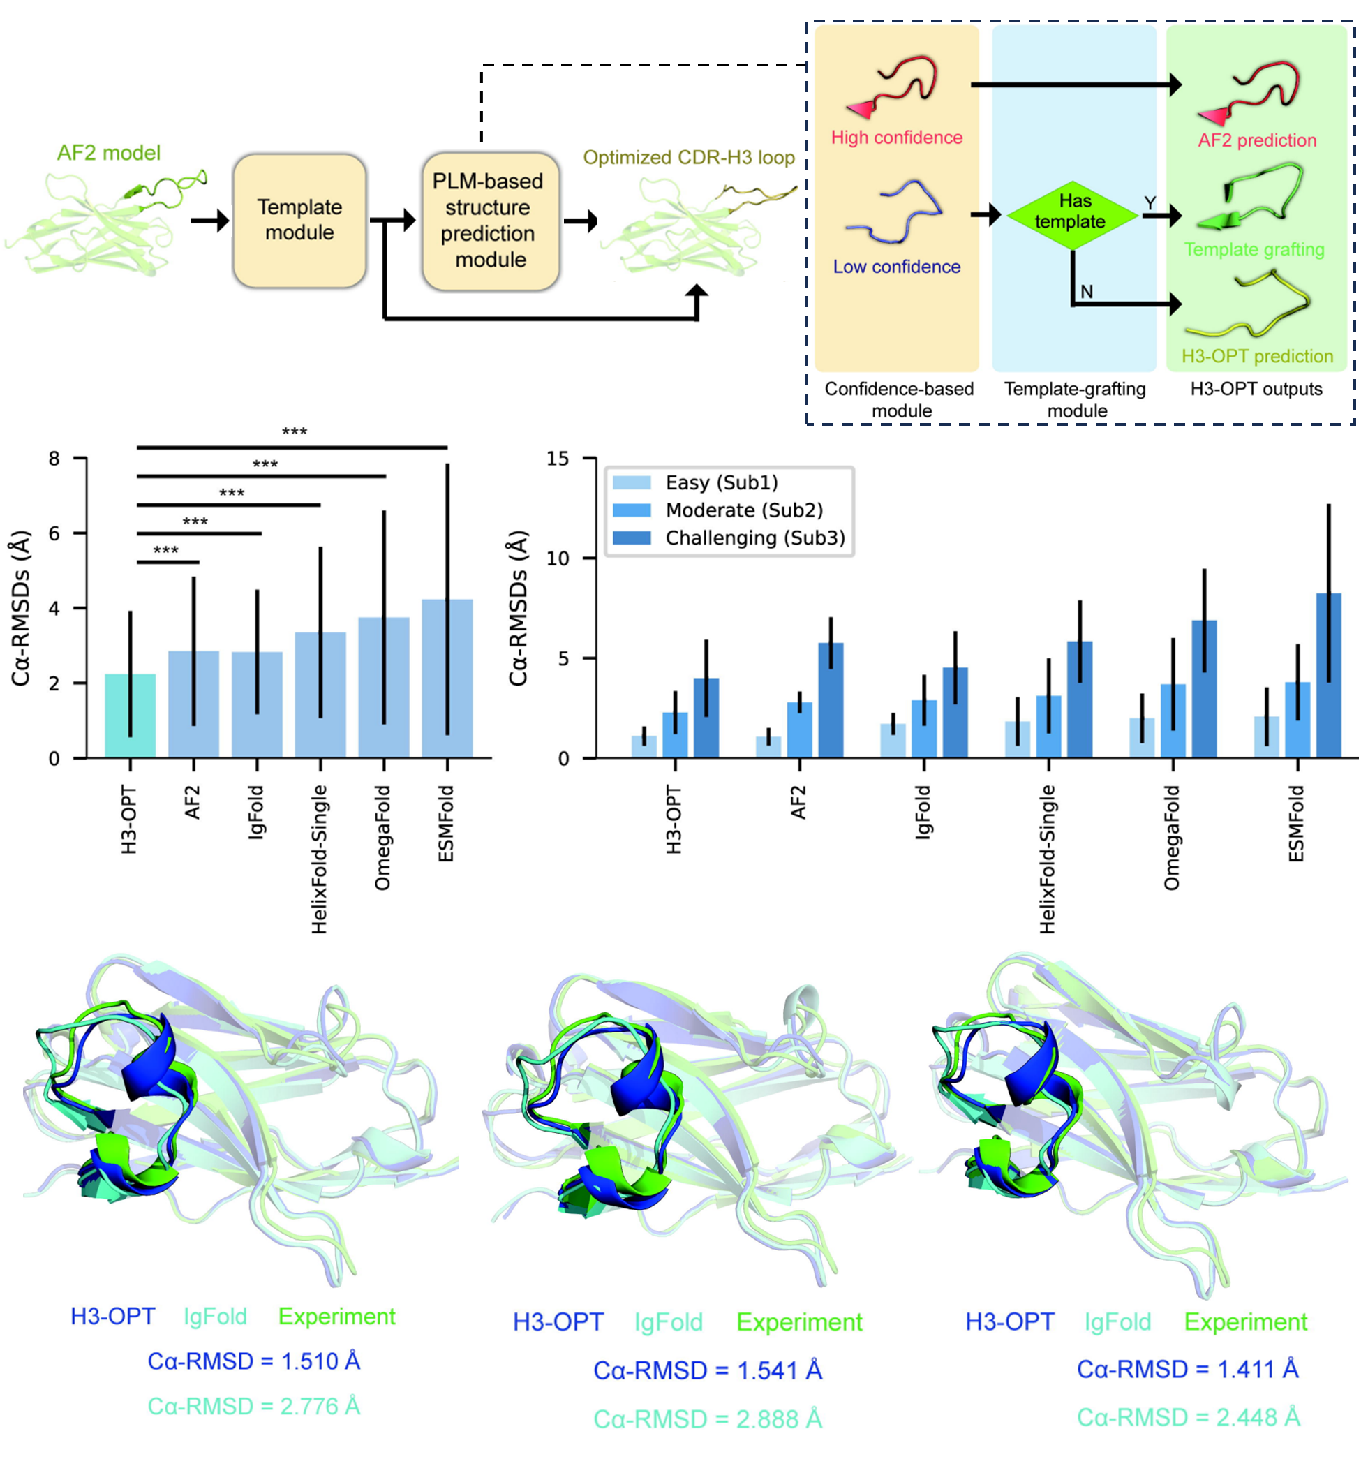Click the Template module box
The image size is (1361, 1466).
click(299, 221)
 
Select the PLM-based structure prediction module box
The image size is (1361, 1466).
click(490, 221)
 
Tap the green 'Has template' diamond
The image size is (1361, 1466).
click(1071, 214)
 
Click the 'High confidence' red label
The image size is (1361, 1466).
click(896, 138)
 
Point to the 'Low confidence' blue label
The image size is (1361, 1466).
click(896, 267)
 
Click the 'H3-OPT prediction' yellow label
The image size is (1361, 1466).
click(1257, 357)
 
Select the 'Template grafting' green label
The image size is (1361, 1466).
click(1254, 250)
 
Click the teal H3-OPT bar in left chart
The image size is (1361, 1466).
click(130, 716)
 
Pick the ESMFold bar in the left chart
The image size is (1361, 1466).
click(447, 679)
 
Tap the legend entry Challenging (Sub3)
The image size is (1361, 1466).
click(754, 538)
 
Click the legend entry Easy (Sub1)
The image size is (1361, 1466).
click(721, 483)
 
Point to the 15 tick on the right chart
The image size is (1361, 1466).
click(558, 459)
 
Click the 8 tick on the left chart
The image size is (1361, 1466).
click(54, 459)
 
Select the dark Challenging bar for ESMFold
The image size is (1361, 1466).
click(1328, 675)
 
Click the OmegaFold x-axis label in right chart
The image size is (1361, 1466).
click(1172, 838)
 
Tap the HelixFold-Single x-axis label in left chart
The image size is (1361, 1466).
click(319, 859)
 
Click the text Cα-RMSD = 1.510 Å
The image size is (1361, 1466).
click(253, 1361)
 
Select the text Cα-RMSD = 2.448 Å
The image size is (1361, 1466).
click(1188, 1417)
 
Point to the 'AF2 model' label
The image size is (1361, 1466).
click(109, 153)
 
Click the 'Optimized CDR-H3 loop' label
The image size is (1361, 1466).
click(689, 158)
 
